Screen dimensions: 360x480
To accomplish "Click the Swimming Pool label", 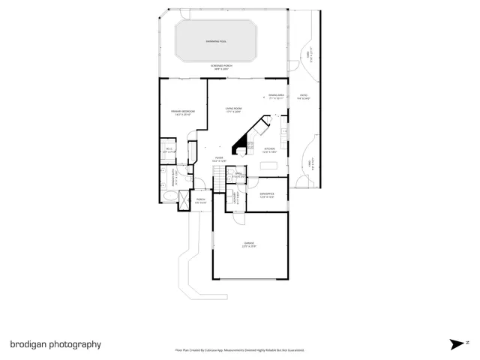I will (x=218, y=41).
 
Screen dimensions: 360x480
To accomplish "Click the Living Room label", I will (x=234, y=110).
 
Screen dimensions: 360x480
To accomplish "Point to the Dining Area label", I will (x=276, y=97).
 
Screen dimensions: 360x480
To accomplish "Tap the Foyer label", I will (x=219, y=159).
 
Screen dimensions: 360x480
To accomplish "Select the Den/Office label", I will (x=267, y=195).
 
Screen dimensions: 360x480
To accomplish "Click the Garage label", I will (x=248, y=244).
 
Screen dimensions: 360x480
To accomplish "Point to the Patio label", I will (x=304, y=97).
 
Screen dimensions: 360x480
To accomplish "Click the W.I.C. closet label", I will (x=169, y=150).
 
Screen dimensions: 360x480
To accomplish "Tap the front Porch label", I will (x=200, y=200).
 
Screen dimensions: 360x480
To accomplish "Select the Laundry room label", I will (x=235, y=199).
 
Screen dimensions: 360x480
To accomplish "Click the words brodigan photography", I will (x=55, y=344).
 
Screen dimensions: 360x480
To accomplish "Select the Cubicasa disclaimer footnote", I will (x=239, y=349).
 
